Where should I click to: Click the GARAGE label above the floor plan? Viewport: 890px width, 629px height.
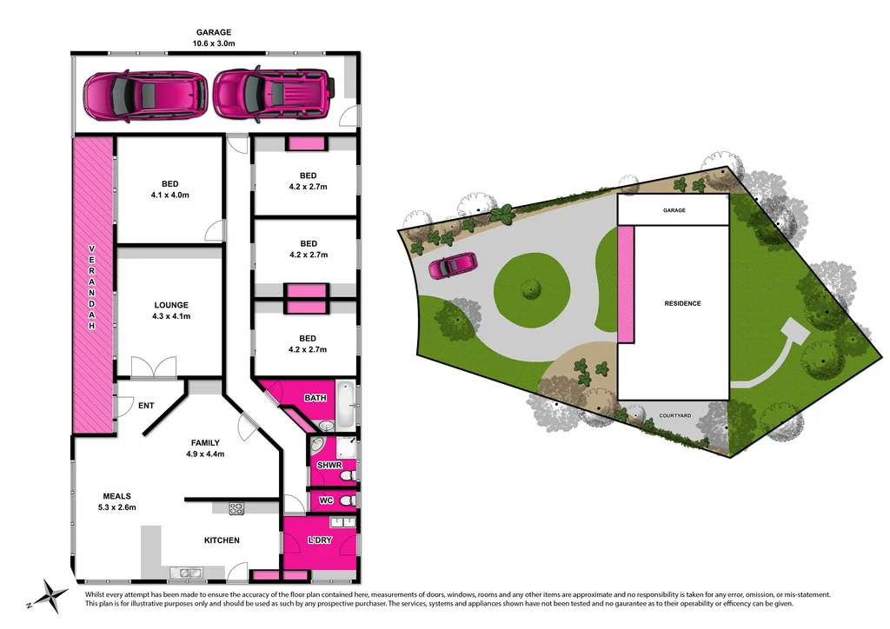[x=214, y=32]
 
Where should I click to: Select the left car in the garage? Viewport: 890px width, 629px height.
[x=145, y=94]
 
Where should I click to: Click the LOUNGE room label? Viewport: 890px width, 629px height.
[x=171, y=305]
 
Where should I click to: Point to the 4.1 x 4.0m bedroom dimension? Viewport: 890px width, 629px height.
[x=169, y=195]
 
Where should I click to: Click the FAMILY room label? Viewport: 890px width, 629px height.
[x=205, y=443]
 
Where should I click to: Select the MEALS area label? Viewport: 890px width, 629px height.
[x=116, y=496]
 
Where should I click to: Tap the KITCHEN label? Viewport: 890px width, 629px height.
[x=222, y=540]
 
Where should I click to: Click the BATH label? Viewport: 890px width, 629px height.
[x=315, y=398]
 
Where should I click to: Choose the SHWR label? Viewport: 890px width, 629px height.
[x=329, y=466]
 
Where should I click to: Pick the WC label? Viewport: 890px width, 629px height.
[x=326, y=501]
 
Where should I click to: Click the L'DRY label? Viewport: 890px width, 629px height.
[x=321, y=541]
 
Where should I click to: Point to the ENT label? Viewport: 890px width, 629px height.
[x=145, y=406]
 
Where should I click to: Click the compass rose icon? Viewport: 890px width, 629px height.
[x=52, y=596]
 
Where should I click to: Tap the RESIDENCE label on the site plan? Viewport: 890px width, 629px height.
[x=682, y=303]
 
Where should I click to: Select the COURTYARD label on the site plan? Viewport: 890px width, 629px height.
[x=674, y=416]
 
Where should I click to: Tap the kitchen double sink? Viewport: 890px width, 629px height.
[x=186, y=572]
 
